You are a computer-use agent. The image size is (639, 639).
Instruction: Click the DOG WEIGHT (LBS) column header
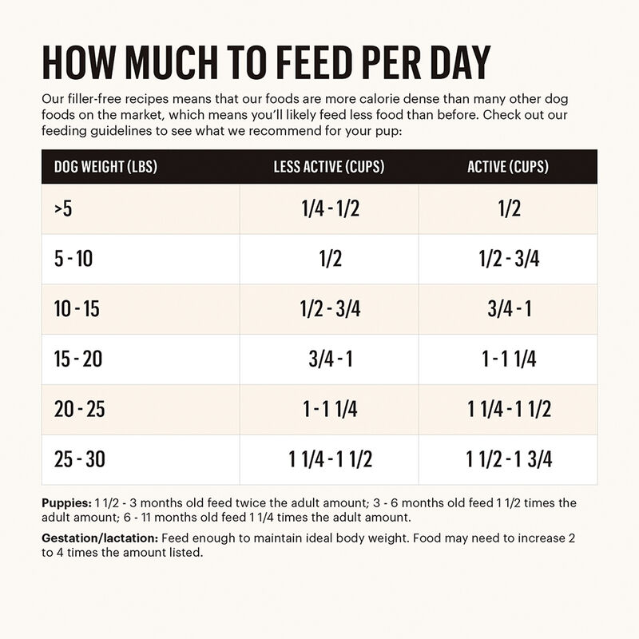tap(104, 167)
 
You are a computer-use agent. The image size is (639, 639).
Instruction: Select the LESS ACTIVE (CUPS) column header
tap(329, 167)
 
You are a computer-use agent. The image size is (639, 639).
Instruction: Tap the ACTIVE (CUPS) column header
tap(508, 167)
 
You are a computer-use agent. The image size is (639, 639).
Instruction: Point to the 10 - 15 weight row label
tap(77, 310)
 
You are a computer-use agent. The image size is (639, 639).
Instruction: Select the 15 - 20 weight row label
tap(78, 359)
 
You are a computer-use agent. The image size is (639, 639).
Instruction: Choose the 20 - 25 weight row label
tap(79, 409)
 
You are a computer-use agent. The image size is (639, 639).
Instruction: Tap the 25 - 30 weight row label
tap(79, 459)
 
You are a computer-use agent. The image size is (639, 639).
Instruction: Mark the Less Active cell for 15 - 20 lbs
tap(330, 359)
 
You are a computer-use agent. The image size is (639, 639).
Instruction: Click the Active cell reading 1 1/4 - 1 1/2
tap(510, 409)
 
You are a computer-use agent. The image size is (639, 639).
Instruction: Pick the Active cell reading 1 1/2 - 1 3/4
tap(510, 459)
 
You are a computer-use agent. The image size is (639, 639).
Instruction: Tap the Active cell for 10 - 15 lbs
tap(510, 310)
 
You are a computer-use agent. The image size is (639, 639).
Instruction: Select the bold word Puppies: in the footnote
tap(66, 503)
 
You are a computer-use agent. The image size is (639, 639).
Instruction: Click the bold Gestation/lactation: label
tap(100, 538)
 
